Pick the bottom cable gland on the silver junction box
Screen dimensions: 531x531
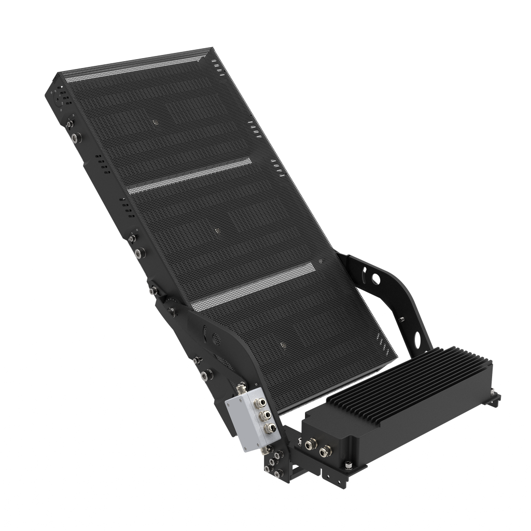pyautogui.click(x=269, y=428)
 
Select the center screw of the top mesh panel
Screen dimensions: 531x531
pyautogui.click(x=155, y=123)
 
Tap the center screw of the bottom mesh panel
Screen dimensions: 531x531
pyautogui.click(x=282, y=344)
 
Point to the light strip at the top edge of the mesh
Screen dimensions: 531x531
pyautogui.click(x=140, y=67)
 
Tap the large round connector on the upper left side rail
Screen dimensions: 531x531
pyautogui.click(x=77, y=138)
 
